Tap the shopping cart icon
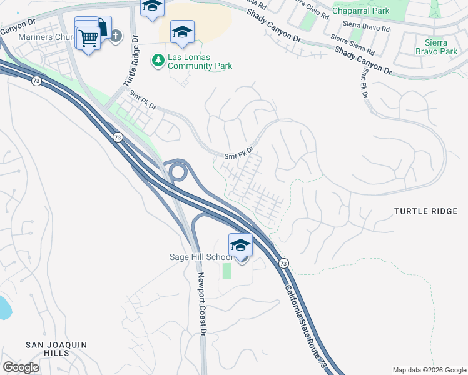88,39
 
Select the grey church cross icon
115,36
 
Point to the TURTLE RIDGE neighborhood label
426,212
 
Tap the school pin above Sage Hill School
240,245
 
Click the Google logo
21,367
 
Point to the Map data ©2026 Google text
429,370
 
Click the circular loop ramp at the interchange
178,170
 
